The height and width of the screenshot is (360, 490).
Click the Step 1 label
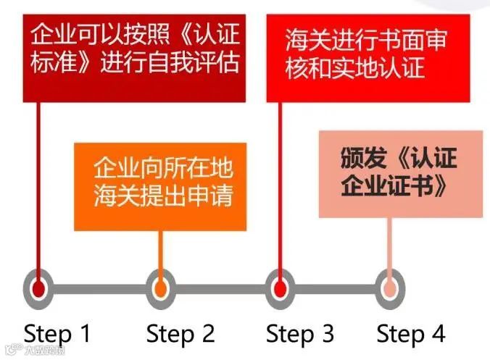(x=58, y=333)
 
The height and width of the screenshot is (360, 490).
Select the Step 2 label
(x=180, y=333)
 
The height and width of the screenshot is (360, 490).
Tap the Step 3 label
(x=299, y=333)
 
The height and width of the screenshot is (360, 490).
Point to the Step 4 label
(x=410, y=333)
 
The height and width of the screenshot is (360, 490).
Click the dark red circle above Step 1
(x=40, y=288)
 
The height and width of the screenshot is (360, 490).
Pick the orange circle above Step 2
(x=160, y=288)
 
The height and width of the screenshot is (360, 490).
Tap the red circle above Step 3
(x=280, y=288)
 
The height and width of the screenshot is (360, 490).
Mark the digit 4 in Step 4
(x=438, y=333)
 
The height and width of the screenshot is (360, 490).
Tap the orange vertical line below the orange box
(x=160, y=250)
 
